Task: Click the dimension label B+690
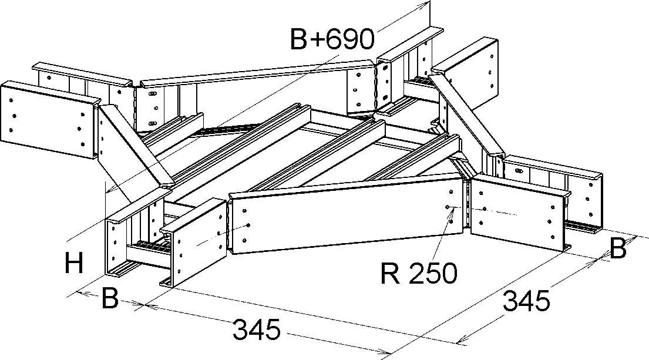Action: (x=332, y=39)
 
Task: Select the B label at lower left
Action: (x=110, y=298)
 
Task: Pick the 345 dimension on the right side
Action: (x=526, y=301)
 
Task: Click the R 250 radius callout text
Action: (x=418, y=272)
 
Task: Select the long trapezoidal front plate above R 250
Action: (x=347, y=217)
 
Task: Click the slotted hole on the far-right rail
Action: (x=519, y=171)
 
